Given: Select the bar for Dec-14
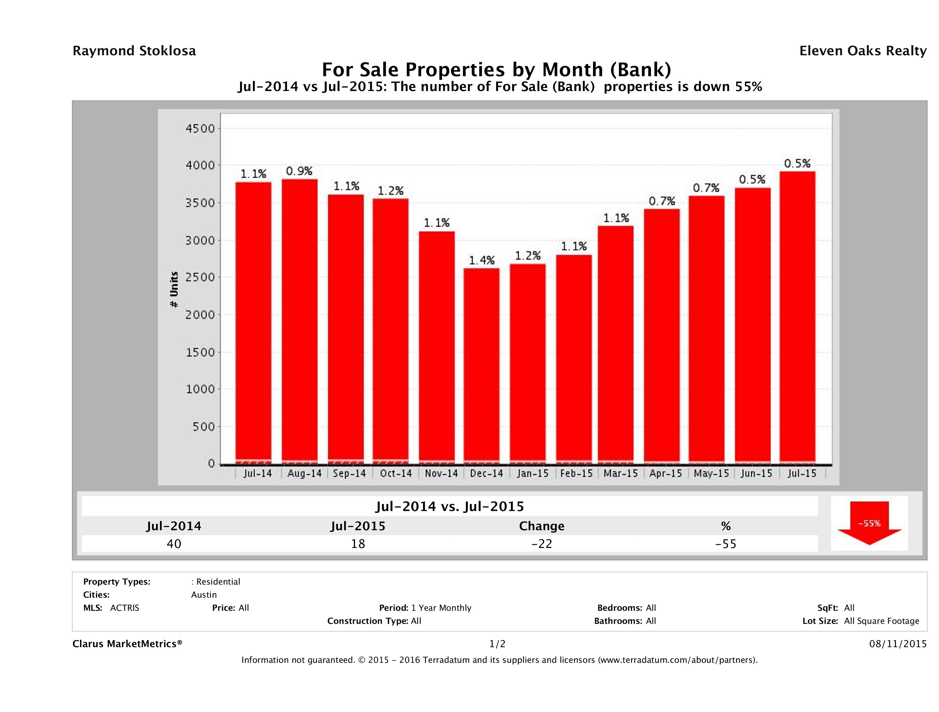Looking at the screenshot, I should [x=481, y=365].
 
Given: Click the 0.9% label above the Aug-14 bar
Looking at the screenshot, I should [x=299, y=171].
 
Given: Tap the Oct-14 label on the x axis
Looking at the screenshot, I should [x=396, y=474].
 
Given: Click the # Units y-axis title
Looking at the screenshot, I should [x=174, y=290].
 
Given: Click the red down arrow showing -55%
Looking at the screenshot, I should [x=869, y=523].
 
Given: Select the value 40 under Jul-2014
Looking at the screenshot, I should [x=174, y=544].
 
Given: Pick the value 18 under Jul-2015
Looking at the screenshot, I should [x=358, y=544].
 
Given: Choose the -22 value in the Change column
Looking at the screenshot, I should [x=542, y=544].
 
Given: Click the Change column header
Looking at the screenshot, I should [x=542, y=526].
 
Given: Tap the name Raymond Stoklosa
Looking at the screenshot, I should [x=134, y=51].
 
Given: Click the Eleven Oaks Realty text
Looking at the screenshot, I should [x=862, y=51].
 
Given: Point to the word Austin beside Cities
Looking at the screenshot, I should [x=204, y=595].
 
